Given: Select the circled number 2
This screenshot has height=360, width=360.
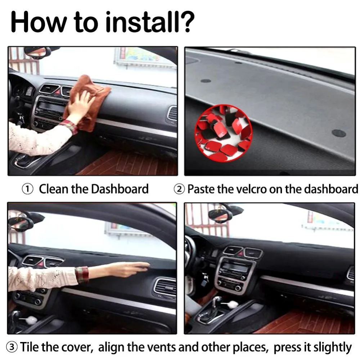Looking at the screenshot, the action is pos(179,189).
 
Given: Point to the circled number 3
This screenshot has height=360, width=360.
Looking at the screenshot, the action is pos(12,347).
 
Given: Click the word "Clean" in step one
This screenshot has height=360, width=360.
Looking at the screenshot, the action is pos(54,189).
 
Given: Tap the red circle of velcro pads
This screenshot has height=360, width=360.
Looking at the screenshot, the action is pos(224,133).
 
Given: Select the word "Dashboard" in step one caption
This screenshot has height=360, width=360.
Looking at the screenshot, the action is pos(120,189).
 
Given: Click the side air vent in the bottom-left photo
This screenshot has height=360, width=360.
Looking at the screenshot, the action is pos(165,287).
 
